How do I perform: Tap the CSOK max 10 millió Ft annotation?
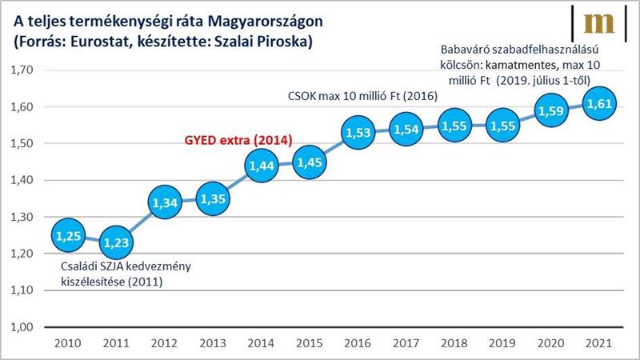361,95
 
